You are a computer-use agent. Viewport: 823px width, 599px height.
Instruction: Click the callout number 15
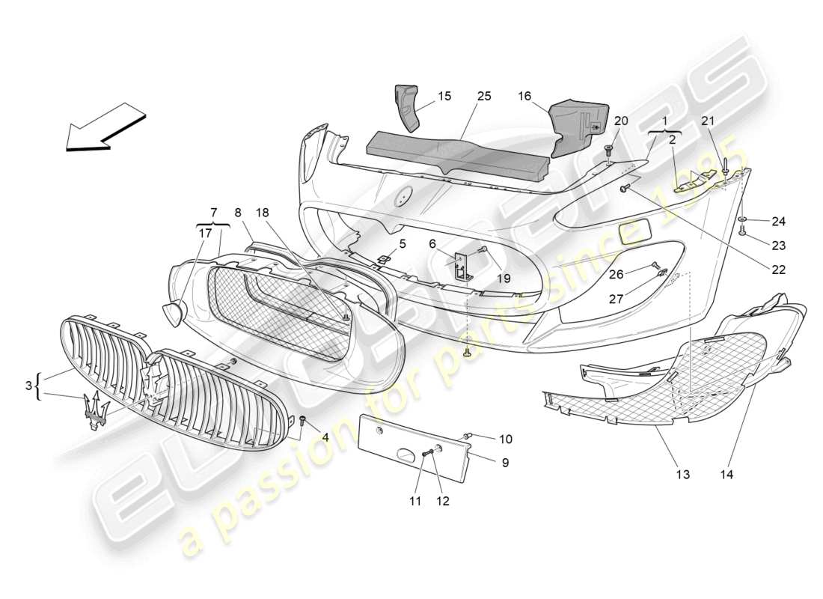tap(444, 97)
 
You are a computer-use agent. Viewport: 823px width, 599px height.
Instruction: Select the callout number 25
tap(484, 97)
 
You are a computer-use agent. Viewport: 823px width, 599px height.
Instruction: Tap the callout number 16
tap(524, 97)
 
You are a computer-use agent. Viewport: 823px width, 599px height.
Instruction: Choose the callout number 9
tap(505, 463)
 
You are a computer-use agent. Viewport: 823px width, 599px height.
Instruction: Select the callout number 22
tap(778, 270)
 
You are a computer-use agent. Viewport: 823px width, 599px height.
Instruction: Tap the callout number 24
tap(780, 221)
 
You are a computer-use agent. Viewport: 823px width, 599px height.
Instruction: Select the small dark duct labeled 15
tap(409, 108)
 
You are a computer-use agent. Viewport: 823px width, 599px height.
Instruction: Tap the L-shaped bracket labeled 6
tap(464, 267)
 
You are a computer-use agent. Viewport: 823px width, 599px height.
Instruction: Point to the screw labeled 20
tap(608, 150)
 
